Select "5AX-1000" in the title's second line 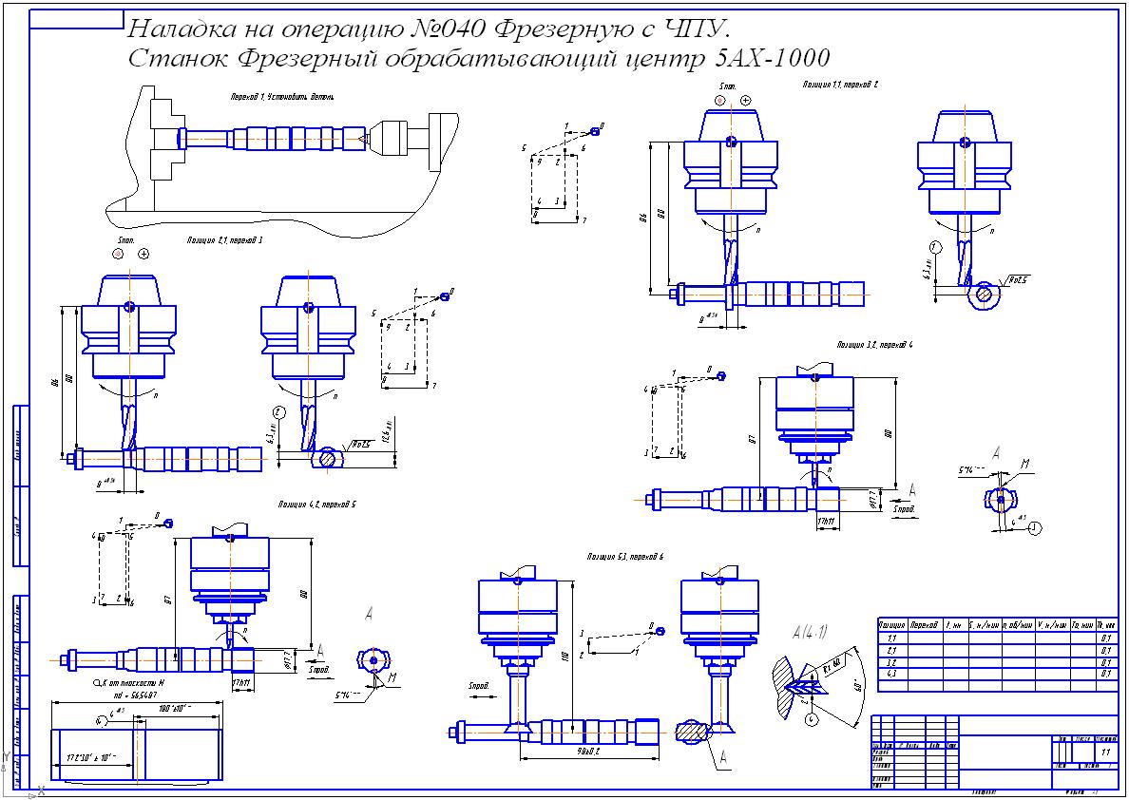tap(771, 59)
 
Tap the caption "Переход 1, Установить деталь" tap(281, 97)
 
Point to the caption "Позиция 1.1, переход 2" tap(840, 85)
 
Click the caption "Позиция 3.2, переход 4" tap(874, 344)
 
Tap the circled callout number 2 tap(278, 411)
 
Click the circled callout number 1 tap(935, 247)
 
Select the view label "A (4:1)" tap(808, 631)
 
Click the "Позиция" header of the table tap(891, 625)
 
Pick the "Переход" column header tap(925, 625)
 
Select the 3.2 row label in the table tap(891, 661)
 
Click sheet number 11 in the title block tap(1104, 752)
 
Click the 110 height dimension tap(567, 656)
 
